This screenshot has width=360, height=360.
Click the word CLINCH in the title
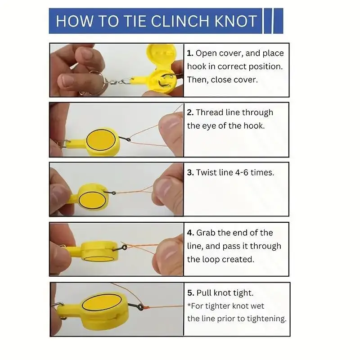(x=181, y=21)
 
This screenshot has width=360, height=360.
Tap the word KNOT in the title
(x=235, y=21)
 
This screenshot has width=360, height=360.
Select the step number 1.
(x=189, y=53)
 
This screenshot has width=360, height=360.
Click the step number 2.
(x=190, y=112)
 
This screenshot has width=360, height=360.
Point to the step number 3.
(x=190, y=172)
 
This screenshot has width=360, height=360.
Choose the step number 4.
(x=190, y=233)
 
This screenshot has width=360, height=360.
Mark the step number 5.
(x=191, y=293)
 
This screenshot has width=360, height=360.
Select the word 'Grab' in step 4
(x=206, y=233)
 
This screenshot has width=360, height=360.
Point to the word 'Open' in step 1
(x=206, y=54)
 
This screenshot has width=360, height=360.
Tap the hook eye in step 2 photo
(x=128, y=139)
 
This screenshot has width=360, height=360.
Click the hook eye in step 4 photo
(x=125, y=247)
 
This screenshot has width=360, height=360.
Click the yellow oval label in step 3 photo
(x=92, y=199)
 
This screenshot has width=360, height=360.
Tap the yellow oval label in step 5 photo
(x=102, y=302)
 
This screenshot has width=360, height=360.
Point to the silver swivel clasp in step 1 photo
(x=119, y=81)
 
